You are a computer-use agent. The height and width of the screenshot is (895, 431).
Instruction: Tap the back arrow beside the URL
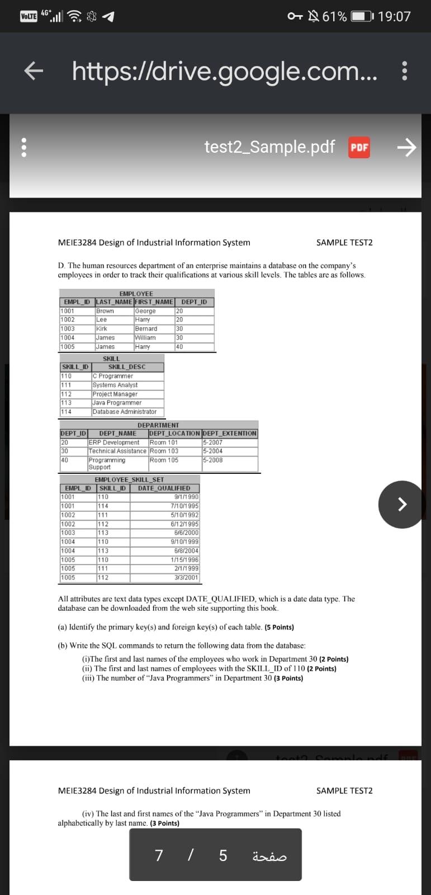[34, 71]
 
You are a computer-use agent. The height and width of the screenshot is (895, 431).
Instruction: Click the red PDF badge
[359, 147]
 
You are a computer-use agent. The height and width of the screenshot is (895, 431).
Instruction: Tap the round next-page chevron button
[401, 504]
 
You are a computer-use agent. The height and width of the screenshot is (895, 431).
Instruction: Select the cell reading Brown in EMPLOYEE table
[105, 311]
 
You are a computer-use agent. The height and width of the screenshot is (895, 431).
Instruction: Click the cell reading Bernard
[146, 329]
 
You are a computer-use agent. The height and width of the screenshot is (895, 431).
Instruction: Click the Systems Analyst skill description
[115, 385]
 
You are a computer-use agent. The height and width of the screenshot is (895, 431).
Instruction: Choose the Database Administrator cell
[125, 412]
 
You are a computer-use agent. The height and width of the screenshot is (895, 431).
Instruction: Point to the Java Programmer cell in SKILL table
[117, 403]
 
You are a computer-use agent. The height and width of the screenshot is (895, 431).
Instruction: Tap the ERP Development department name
[114, 442]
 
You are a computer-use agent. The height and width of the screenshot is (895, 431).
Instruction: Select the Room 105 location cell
[164, 460]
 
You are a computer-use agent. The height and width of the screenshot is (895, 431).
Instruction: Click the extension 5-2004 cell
[213, 451]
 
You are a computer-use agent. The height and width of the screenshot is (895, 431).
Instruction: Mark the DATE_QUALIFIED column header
[164, 488]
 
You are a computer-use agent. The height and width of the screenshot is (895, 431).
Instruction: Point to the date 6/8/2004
[186, 551]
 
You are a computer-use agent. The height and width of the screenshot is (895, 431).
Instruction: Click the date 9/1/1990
[186, 497]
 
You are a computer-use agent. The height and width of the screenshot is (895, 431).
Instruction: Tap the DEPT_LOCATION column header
[174, 434]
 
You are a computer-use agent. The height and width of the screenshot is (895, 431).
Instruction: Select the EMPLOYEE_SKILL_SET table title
[130, 480]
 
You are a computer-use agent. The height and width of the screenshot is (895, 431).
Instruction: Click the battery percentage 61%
[334, 16]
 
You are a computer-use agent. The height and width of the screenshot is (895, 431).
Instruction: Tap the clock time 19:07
[394, 16]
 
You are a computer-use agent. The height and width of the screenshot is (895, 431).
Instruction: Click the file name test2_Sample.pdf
[269, 147]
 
